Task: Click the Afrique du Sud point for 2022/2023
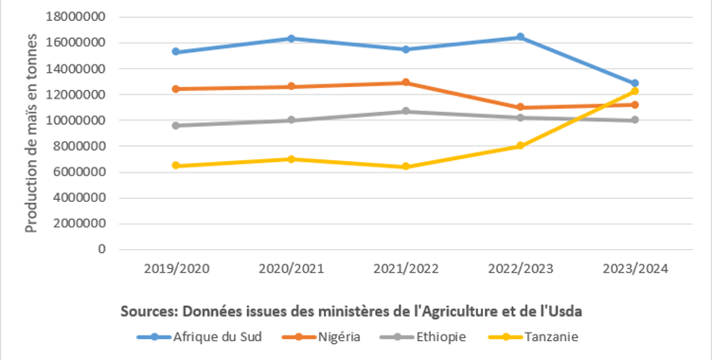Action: click(x=521, y=37)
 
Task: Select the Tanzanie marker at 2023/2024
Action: click(x=634, y=91)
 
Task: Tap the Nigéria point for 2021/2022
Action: click(x=405, y=82)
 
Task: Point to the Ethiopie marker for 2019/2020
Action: click(x=176, y=125)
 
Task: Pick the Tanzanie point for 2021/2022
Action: click(x=405, y=167)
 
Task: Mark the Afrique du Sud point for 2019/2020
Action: click(x=176, y=51)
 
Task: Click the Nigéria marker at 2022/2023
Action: click(x=521, y=107)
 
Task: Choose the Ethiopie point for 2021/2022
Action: click(x=405, y=111)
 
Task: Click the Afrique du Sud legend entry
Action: click(x=200, y=337)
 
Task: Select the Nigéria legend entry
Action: click(x=321, y=337)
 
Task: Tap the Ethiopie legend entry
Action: click(x=422, y=337)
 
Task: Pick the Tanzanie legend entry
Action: click(x=533, y=337)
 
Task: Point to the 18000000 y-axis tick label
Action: click(x=76, y=17)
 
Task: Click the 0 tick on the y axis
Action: click(x=101, y=249)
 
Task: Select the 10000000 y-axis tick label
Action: click(x=76, y=120)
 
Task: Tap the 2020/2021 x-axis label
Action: click(x=291, y=269)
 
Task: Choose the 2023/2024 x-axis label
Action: click(x=635, y=269)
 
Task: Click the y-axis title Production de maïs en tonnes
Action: click(x=31, y=134)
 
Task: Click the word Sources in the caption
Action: click(x=149, y=312)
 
